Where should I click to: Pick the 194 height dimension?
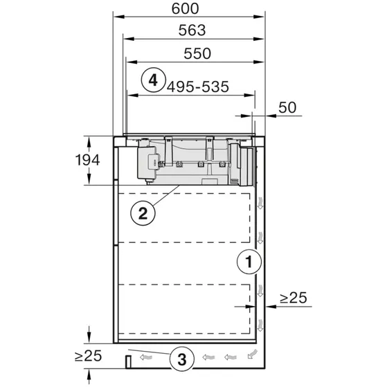pyautogui.click(x=88, y=161)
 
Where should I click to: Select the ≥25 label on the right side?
pyautogui.click(x=294, y=298)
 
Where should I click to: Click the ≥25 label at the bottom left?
pyautogui.click(x=88, y=357)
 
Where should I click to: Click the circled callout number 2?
pyautogui.click(x=142, y=213)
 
